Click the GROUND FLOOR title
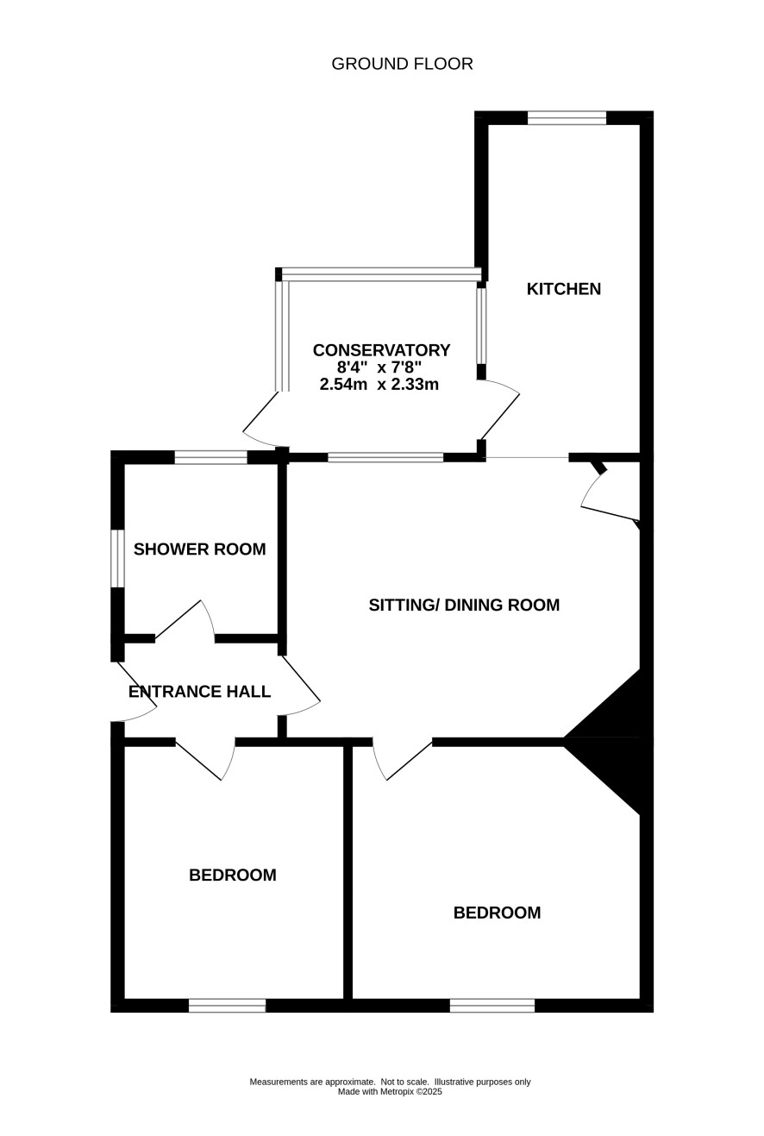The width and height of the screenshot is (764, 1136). coord(402,64)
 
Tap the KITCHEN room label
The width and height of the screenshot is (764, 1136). coord(564,289)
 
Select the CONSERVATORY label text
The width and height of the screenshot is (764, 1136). coord(381,350)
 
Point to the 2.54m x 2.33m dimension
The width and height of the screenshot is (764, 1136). coord(379,385)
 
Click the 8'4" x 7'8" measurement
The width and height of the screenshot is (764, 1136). coord(379,367)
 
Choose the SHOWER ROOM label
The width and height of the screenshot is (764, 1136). coord(200,549)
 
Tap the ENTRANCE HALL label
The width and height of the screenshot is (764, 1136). coord(200,692)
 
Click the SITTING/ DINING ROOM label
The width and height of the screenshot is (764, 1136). coord(464,605)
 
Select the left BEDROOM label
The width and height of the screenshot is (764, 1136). coord(233,875)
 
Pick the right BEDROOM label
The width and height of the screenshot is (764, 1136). coord(497,913)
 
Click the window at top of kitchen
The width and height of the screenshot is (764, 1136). coord(567,117)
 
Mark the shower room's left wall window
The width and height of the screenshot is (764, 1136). coord(117,559)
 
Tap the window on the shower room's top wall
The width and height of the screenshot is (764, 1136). coord(211,457)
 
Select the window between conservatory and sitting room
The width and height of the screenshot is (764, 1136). coord(385,457)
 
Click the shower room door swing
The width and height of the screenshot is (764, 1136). coord(185,618)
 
